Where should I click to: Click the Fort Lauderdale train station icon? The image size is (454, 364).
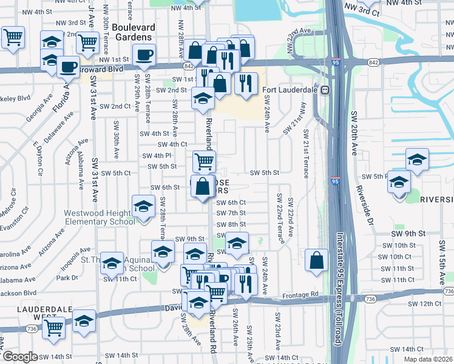325,90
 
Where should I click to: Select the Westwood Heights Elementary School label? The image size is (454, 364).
100,217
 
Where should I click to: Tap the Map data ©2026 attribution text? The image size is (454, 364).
428,359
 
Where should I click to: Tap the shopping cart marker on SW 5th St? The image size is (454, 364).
204,161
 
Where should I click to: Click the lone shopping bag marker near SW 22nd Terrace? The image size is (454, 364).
317,260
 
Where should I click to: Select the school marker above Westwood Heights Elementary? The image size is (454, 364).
143,206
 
